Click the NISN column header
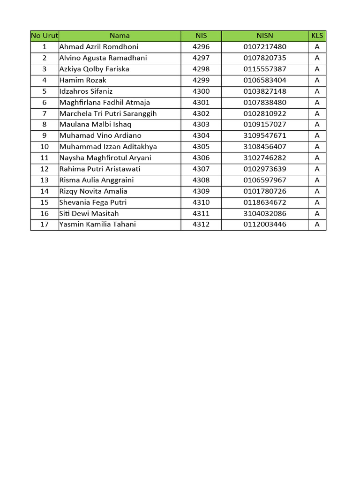265,36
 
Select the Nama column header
120,36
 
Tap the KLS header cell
317,36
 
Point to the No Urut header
45,36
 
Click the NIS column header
201,36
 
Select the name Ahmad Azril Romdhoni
99,47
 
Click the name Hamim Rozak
83,80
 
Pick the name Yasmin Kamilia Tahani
97,225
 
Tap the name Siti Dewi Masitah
89,214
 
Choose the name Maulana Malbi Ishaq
96,125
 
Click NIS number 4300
201,91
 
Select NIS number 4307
201,169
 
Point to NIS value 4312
201,225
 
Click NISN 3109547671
265,136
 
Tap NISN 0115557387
265,69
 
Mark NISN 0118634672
265,202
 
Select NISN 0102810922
265,113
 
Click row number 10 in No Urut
45,147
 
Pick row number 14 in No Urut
45,191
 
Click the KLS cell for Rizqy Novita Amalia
317,191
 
